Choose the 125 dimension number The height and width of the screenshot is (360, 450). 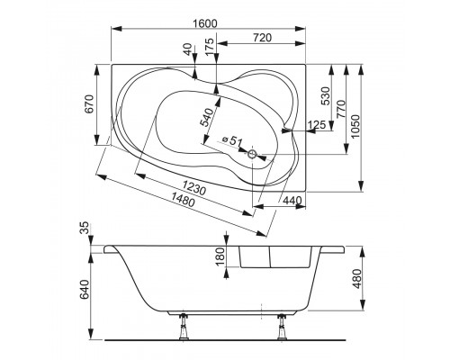click(x=317, y=123)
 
